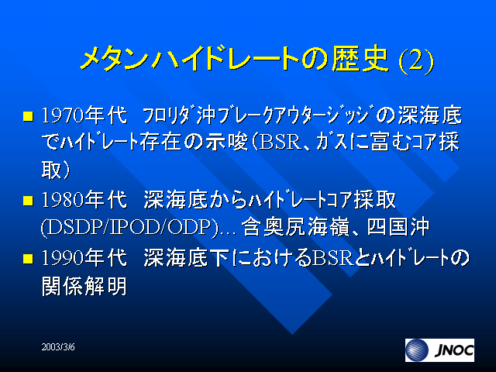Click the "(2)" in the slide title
pyautogui.click(x=416, y=60)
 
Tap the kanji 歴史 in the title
pyautogui.click(x=360, y=59)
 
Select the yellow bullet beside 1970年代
pyautogui.click(x=28, y=116)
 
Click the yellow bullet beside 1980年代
pyautogui.click(x=28, y=201)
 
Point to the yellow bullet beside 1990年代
pyautogui.click(x=28, y=258)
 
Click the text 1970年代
pyautogui.click(x=84, y=115)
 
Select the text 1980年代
pyautogui.click(x=84, y=200)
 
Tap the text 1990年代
pyautogui.click(x=84, y=257)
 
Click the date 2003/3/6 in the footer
pyautogui.click(x=58, y=347)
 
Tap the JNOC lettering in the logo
pyautogui.click(x=454, y=350)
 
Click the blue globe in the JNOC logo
pyautogui.click(x=418, y=350)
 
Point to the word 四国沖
pyautogui.click(x=398, y=227)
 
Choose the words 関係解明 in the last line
pyautogui.click(x=84, y=286)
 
